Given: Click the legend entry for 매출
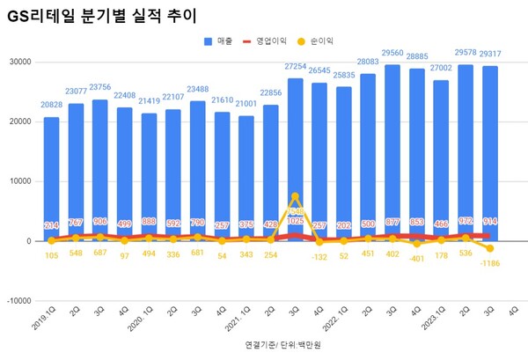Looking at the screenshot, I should (x=221, y=40).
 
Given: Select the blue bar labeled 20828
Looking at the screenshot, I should (x=52, y=176).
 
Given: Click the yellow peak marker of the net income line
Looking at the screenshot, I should (x=296, y=197).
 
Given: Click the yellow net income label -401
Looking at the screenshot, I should (x=417, y=257).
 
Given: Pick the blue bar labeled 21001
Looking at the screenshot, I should (x=247, y=176).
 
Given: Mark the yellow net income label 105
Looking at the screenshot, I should (x=52, y=257).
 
